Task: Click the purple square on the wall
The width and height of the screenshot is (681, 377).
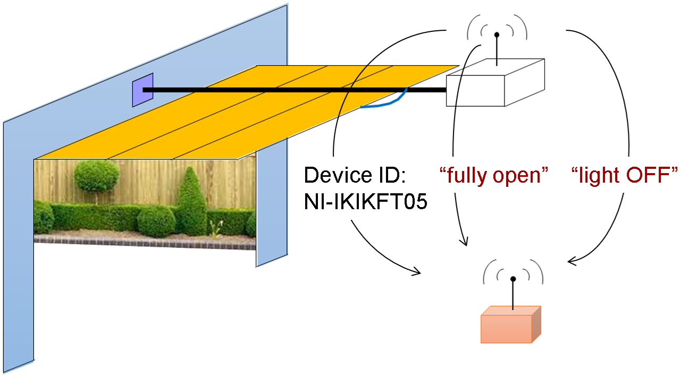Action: click(x=142, y=90)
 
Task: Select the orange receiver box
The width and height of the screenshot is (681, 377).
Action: click(x=510, y=324)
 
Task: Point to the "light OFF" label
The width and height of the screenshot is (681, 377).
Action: click(x=625, y=175)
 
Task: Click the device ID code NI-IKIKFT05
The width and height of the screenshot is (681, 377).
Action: click(x=366, y=202)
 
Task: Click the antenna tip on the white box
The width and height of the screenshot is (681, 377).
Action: click(x=497, y=35)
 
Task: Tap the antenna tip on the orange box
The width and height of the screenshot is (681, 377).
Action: click(x=513, y=279)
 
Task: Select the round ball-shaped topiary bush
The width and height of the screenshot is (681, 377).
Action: click(x=97, y=175)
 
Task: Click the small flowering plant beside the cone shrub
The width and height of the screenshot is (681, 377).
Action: click(x=215, y=228)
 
